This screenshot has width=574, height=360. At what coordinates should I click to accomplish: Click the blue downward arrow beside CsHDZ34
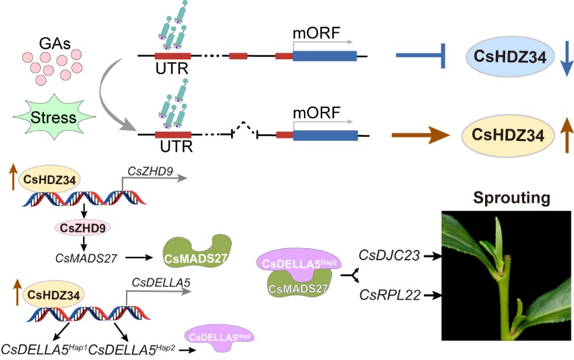point(566,59)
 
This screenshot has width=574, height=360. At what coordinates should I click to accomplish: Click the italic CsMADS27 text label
point(79,257)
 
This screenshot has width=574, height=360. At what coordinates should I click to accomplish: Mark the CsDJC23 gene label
point(389,255)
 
